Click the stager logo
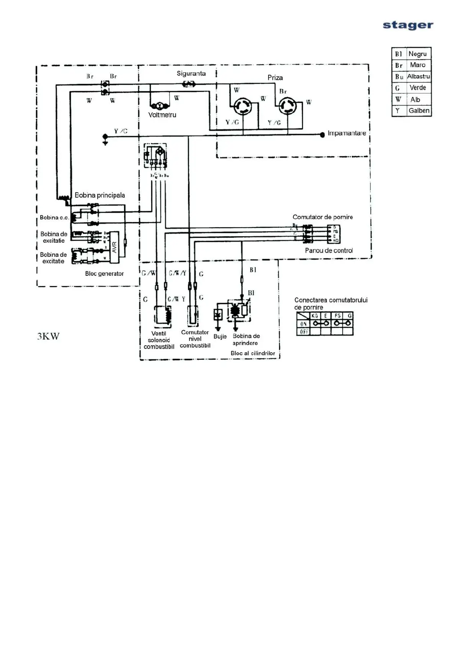point(408,25)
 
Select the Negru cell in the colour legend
point(417,54)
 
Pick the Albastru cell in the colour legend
point(418,76)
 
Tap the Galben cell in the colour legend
point(418,111)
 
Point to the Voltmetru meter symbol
point(157,106)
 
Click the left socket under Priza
point(243,105)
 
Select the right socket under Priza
point(287,105)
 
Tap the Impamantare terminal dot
point(322,134)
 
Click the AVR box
point(114,247)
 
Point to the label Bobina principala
point(100,195)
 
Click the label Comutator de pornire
point(322,217)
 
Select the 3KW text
point(48,336)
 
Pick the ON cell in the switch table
point(303,324)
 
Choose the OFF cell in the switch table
point(303,332)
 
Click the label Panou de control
point(329,250)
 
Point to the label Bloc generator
point(104,274)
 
